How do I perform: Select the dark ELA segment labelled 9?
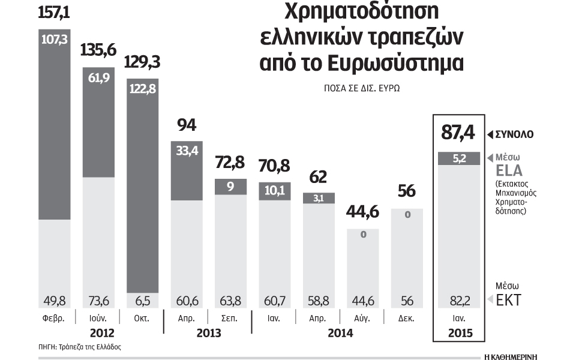tap(231, 186)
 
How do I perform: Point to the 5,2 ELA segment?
tap(457, 159)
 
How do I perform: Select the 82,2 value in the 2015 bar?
tap(457, 299)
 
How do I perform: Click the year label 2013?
tap(208, 333)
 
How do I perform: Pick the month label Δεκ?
tap(407, 317)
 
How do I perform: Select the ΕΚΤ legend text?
tap(507, 300)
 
